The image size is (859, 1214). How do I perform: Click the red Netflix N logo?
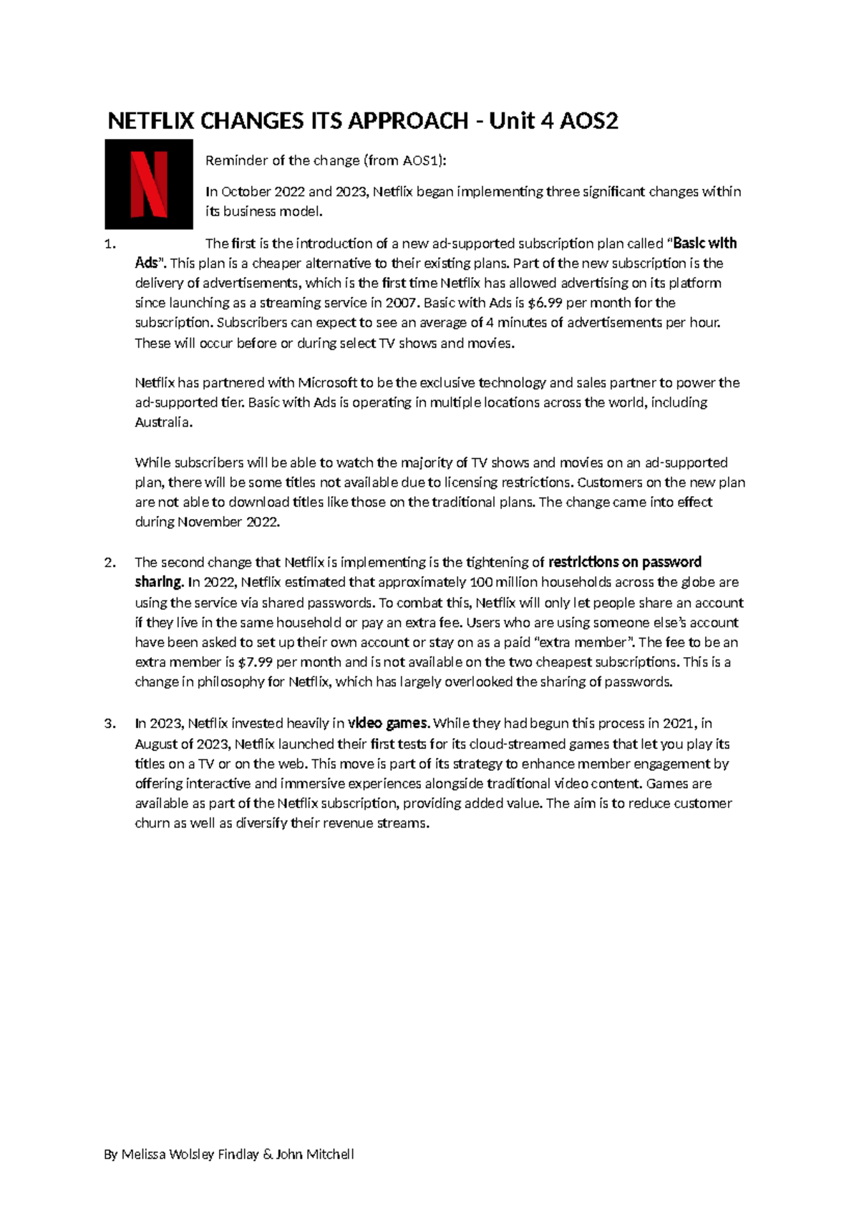[149, 184]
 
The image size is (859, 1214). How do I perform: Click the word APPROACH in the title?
[407, 122]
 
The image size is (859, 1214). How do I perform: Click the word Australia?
[162, 422]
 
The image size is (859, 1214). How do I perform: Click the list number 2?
[110, 563]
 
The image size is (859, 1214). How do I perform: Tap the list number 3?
[110, 724]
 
